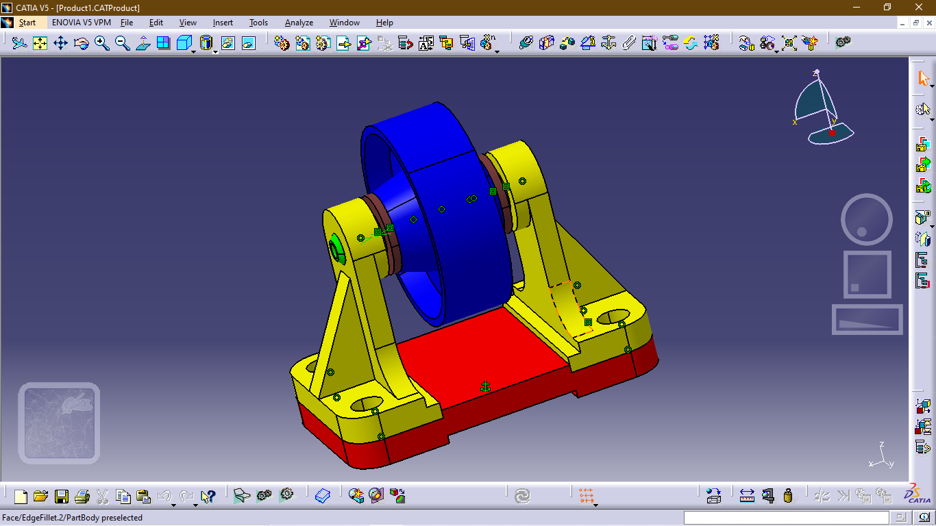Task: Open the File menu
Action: [x=127, y=23]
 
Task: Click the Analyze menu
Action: [x=299, y=23]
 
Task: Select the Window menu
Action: [x=344, y=23]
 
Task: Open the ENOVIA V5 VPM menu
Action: [x=81, y=23]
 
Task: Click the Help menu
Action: [x=384, y=23]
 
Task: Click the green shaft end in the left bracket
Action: [x=336, y=249]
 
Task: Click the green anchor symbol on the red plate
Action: [x=486, y=387]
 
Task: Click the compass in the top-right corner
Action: [x=822, y=110]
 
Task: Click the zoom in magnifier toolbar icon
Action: [x=102, y=43]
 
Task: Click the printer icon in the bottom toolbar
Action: [x=82, y=496]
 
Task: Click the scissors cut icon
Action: [x=103, y=496]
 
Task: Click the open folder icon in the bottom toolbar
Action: [x=41, y=496]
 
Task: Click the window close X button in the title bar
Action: [x=919, y=8]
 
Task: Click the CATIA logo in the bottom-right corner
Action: [x=916, y=494]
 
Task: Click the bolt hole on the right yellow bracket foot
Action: [x=608, y=317]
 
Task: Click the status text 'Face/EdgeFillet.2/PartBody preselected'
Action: [x=73, y=518]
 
